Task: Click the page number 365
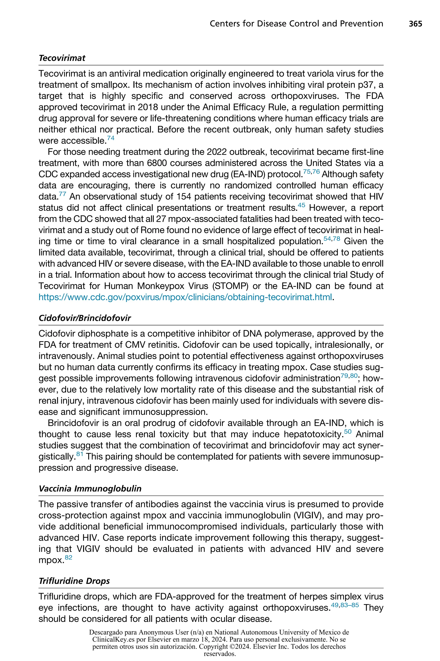click(x=415, y=24)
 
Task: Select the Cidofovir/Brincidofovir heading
click(x=85, y=318)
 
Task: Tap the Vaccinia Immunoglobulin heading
click(x=90, y=488)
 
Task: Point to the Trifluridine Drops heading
click(x=74, y=581)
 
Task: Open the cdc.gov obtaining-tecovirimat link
click(x=185, y=297)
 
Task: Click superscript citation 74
click(x=111, y=138)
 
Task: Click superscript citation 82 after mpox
click(x=69, y=557)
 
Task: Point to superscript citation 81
click(x=80, y=453)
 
